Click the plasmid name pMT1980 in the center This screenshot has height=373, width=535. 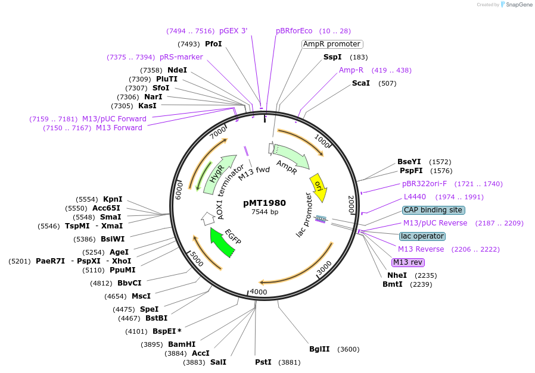[265, 202]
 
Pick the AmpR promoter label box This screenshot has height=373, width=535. [332, 44]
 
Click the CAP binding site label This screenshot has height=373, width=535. [433, 210]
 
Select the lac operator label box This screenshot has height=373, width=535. [422, 236]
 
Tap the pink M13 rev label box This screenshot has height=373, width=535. [408, 262]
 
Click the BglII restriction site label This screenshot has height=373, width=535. [319, 349]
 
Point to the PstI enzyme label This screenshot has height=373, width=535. [263, 362]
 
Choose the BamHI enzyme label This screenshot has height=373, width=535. [182, 344]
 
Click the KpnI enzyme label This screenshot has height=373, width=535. [113, 199]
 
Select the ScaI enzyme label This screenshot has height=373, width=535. [361, 83]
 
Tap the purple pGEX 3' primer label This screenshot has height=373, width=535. [233, 31]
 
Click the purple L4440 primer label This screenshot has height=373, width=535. [415, 197]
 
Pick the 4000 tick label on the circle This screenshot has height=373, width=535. [259, 291]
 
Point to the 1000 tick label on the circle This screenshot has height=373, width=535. [322, 142]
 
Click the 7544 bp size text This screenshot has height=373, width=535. [265, 212]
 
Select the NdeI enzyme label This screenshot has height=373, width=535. [177, 70]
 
